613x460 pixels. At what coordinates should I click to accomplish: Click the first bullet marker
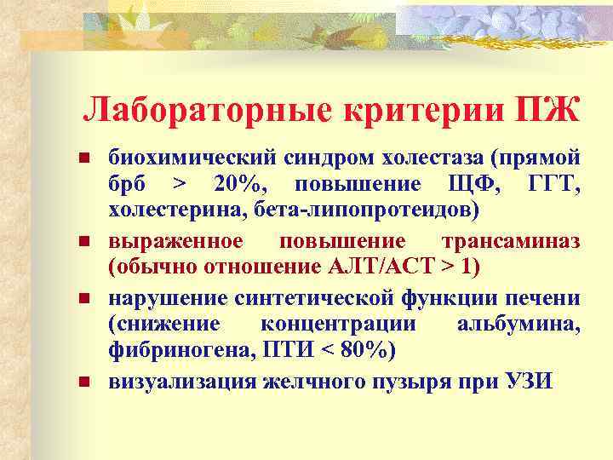[x=83, y=158]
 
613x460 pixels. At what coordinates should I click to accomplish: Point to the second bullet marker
[x=83, y=242]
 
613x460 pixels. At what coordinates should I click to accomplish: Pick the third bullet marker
[x=83, y=297]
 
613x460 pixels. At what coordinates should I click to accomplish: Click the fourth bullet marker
[x=83, y=380]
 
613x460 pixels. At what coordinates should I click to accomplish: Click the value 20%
[x=243, y=186]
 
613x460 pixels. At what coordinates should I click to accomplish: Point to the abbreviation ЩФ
[x=487, y=186]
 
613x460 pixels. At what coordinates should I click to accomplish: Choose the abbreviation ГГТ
[x=555, y=186]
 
